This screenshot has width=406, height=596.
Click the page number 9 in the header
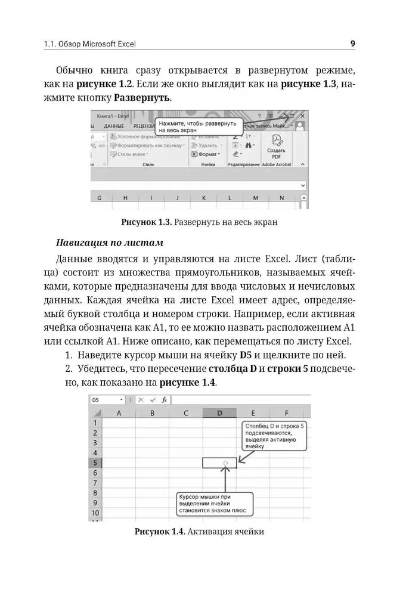[352, 44]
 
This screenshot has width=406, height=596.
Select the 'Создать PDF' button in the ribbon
[277, 148]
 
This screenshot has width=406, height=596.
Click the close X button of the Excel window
[302, 116]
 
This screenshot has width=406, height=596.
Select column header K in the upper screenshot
[203, 198]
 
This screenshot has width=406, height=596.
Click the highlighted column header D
[219, 413]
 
